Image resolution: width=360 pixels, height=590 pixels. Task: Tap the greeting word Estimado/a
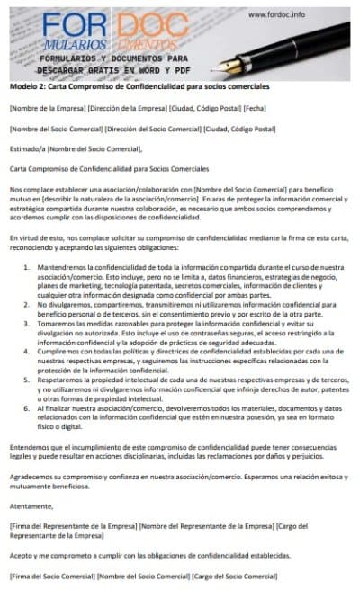[25, 148]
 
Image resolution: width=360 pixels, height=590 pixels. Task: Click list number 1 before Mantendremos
[27, 243]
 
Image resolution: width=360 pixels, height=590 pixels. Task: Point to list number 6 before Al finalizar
[27, 408]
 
